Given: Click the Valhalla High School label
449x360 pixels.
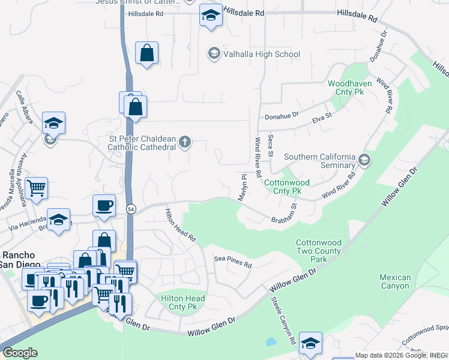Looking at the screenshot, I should (x=261, y=55).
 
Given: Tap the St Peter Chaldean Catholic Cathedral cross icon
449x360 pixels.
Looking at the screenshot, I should (x=185, y=142).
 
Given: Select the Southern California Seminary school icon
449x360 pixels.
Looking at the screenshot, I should (x=364, y=160).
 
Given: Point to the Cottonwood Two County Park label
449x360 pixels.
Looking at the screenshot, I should (x=319, y=251).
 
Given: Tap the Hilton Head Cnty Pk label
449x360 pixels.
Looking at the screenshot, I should (x=182, y=302).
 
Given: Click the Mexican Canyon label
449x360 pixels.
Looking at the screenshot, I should (x=395, y=281).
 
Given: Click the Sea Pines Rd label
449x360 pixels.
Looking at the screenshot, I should (x=233, y=262).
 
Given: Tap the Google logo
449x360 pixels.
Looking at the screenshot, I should (x=20, y=353).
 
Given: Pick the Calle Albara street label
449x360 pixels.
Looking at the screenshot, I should (x=25, y=107).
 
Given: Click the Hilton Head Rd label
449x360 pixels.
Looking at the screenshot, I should (x=181, y=224).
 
